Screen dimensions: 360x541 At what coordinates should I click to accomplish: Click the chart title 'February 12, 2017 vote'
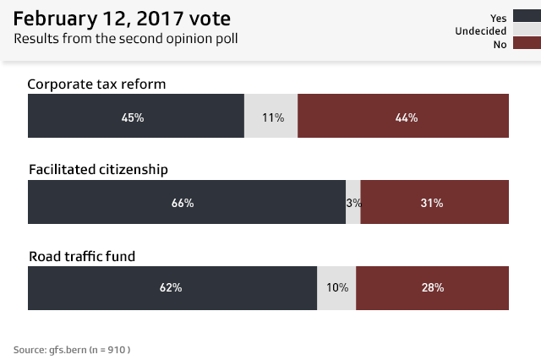[x=122, y=18]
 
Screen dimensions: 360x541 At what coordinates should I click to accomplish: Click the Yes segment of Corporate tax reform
[x=136, y=116]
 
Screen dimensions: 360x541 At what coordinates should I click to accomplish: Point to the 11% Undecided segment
[x=271, y=116]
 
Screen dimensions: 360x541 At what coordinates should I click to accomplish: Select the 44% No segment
[x=404, y=116]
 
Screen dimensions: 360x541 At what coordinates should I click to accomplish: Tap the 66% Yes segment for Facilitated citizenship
[x=186, y=202]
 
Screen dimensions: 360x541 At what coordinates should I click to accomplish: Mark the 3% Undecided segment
[x=353, y=202]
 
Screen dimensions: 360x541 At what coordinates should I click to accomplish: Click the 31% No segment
[x=435, y=202]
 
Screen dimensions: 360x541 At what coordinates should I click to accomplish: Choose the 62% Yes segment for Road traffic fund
[x=172, y=287]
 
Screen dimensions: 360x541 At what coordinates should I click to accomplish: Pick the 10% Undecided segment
[x=336, y=287]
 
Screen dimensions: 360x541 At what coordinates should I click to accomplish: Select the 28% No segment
[x=433, y=287]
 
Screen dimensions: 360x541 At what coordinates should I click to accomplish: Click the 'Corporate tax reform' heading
[x=97, y=84]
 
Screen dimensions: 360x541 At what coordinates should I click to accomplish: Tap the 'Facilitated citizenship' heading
[x=98, y=169]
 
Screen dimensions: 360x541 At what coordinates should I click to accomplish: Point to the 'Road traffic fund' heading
[x=82, y=255]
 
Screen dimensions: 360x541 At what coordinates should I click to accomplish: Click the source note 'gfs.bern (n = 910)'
[x=72, y=349]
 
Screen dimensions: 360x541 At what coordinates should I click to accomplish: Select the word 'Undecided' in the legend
[x=481, y=30]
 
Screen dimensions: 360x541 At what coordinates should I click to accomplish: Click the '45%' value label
[x=133, y=117]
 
